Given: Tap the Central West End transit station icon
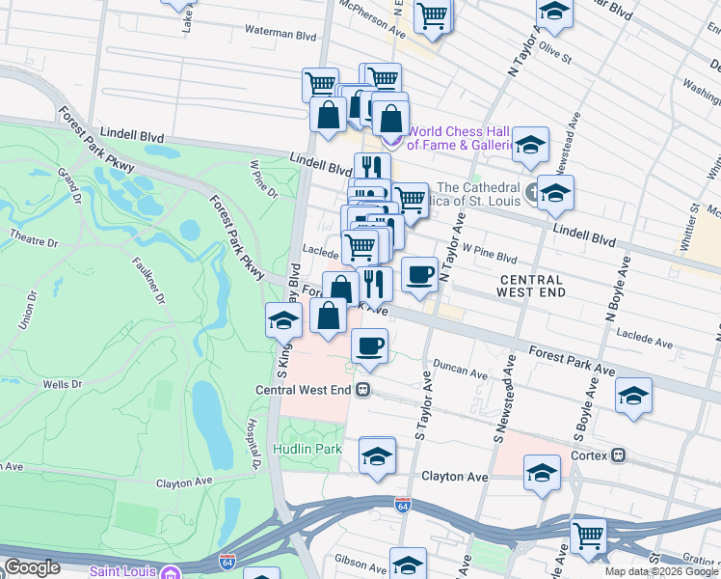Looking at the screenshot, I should click(x=363, y=391).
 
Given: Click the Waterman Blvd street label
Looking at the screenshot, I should click(x=280, y=34).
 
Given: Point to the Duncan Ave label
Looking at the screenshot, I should click(x=461, y=371).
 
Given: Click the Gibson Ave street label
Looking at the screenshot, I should click(x=360, y=560).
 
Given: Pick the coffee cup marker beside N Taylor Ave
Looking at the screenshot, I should click(x=418, y=274).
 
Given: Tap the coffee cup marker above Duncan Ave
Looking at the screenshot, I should click(x=368, y=345).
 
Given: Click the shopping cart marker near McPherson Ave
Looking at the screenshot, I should click(x=433, y=14).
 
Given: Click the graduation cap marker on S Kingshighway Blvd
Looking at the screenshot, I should click(x=282, y=319).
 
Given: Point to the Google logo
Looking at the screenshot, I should click(x=32, y=566).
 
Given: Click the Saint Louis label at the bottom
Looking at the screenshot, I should click(x=124, y=570).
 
